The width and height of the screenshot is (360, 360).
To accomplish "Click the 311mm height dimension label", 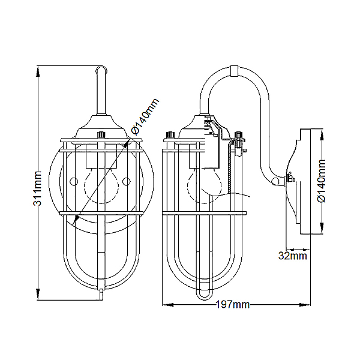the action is (x=37, y=188).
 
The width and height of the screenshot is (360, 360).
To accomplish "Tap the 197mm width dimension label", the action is (x=233, y=305).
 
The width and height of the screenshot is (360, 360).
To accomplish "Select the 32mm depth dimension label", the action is (x=293, y=256).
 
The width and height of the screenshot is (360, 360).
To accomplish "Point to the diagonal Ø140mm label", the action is (x=145, y=116).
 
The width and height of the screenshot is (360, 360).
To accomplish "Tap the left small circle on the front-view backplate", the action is (x=74, y=182).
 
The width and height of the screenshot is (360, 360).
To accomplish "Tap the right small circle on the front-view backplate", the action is (x=126, y=182).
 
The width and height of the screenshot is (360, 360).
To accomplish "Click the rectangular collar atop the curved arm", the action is (x=234, y=71).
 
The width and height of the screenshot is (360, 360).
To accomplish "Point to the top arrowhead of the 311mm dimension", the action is (x=38, y=71).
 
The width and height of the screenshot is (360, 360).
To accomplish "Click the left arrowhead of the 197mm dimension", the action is (x=168, y=305).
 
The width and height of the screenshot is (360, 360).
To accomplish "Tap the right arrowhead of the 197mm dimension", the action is (x=305, y=305).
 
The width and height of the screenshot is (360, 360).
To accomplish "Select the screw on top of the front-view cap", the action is (x=101, y=134).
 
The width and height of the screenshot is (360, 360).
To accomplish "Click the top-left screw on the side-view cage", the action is (x=170, y=135).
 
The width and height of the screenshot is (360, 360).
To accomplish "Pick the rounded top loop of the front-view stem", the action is (x=101, y=69).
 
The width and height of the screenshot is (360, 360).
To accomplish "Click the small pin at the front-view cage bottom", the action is (x=101, y=295).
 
